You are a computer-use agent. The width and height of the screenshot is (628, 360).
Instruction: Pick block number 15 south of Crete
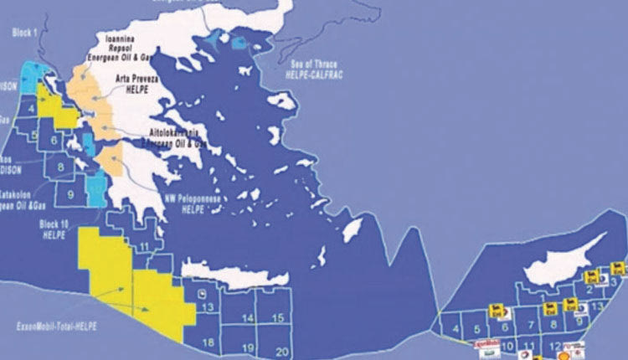point(282,317)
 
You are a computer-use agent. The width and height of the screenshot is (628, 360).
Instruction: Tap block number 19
point(249,347)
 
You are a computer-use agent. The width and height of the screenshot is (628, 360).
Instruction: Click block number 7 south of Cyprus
point(530,323)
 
